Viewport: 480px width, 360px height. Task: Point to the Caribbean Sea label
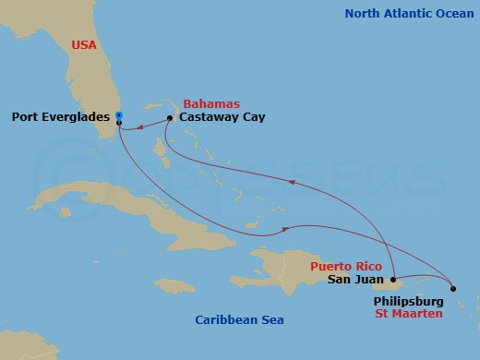(x=239, y=320)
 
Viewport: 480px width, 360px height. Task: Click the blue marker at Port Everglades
(x=119, y=115)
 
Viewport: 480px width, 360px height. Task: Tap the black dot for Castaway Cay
(x=171, y=118)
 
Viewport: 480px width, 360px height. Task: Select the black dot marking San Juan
(x=394, y=279)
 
